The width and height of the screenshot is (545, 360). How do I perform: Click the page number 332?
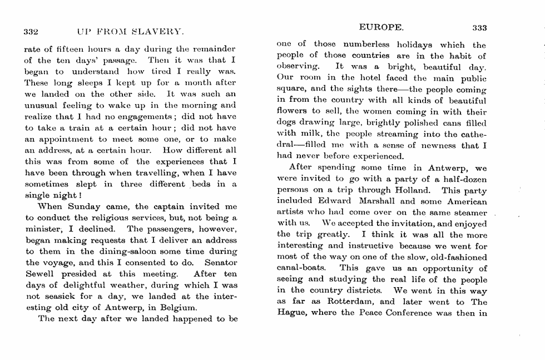tap(31, 31)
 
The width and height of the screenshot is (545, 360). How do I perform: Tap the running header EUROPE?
tap(381, 26)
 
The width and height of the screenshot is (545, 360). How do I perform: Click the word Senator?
tap(221, 263)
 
